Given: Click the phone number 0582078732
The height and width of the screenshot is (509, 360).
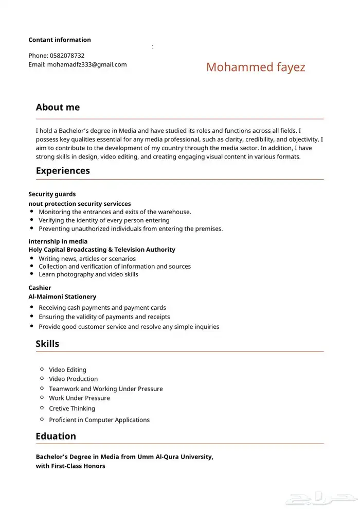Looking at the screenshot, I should click(x=67, y=56).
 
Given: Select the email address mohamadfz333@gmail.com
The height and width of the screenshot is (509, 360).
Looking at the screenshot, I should click(x=86, y=65).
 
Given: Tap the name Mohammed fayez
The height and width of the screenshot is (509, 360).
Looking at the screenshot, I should click(x=256, y=67).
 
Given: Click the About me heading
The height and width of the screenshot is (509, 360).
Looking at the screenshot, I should click(x=58, y=108).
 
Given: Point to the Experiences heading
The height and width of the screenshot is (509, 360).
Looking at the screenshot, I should click(x=63, y=171).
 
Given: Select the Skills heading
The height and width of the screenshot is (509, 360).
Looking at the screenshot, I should click(x=47, y=344).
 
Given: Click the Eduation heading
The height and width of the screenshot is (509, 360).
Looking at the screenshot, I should click(x=56, y=436).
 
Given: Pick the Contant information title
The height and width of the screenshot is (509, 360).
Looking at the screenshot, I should click(x=60, y=40).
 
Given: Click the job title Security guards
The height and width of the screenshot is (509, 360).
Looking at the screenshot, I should click(x=52, y=195).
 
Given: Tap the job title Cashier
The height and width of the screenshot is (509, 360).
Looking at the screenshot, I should click(x=40, y=288).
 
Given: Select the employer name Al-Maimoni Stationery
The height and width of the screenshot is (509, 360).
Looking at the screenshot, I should click(x=62, y=297).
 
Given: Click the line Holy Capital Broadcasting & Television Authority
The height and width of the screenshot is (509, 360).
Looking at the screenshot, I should click(x=102, y=250).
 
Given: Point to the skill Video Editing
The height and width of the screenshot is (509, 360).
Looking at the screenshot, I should click(x=67, y=370).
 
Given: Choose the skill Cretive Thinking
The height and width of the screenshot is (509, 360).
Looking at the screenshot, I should click(x=72, y=409).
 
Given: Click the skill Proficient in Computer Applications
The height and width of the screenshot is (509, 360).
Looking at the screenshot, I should click(x=99, y=420).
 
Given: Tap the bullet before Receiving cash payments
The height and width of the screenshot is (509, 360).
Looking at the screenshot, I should click(x=32, y=307).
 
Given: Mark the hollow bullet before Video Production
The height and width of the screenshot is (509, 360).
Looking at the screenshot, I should click(x=42, y=378).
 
